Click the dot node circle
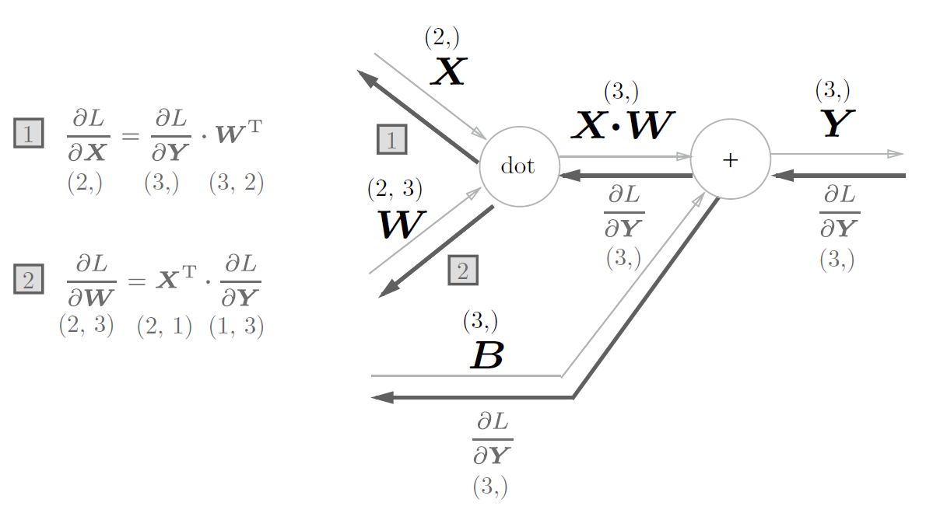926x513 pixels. tap(519, 166)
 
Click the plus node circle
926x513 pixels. tap(730, 159)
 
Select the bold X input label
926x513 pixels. tap(448, 72)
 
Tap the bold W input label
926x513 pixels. tap(401, 225)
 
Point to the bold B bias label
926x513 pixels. tap(487, 354)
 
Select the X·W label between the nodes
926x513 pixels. tap(622, 125)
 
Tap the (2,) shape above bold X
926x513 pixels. tap(442, 37)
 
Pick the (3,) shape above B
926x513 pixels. tap(480, 320)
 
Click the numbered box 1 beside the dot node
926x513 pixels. tap(391, 139)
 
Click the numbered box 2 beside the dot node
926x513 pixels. tap(463, 270)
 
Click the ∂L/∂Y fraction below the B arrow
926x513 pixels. tap(493, 439)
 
